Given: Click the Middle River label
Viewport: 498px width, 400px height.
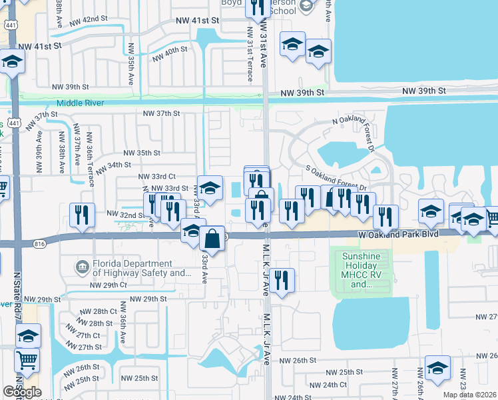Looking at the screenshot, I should [x=82, y=103].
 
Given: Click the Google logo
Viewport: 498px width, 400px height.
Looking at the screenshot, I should [x=22, y=392].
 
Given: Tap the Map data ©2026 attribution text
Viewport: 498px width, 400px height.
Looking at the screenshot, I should [x=470, y=395].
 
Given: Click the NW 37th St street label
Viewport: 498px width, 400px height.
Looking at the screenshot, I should [x=162, y=113].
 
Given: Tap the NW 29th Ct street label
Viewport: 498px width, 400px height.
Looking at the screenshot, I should [x=109, y=285].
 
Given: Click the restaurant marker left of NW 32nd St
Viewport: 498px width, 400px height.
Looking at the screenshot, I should [x=82, y=215].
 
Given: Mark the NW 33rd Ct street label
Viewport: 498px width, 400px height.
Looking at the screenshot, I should [x=156, y=176].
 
